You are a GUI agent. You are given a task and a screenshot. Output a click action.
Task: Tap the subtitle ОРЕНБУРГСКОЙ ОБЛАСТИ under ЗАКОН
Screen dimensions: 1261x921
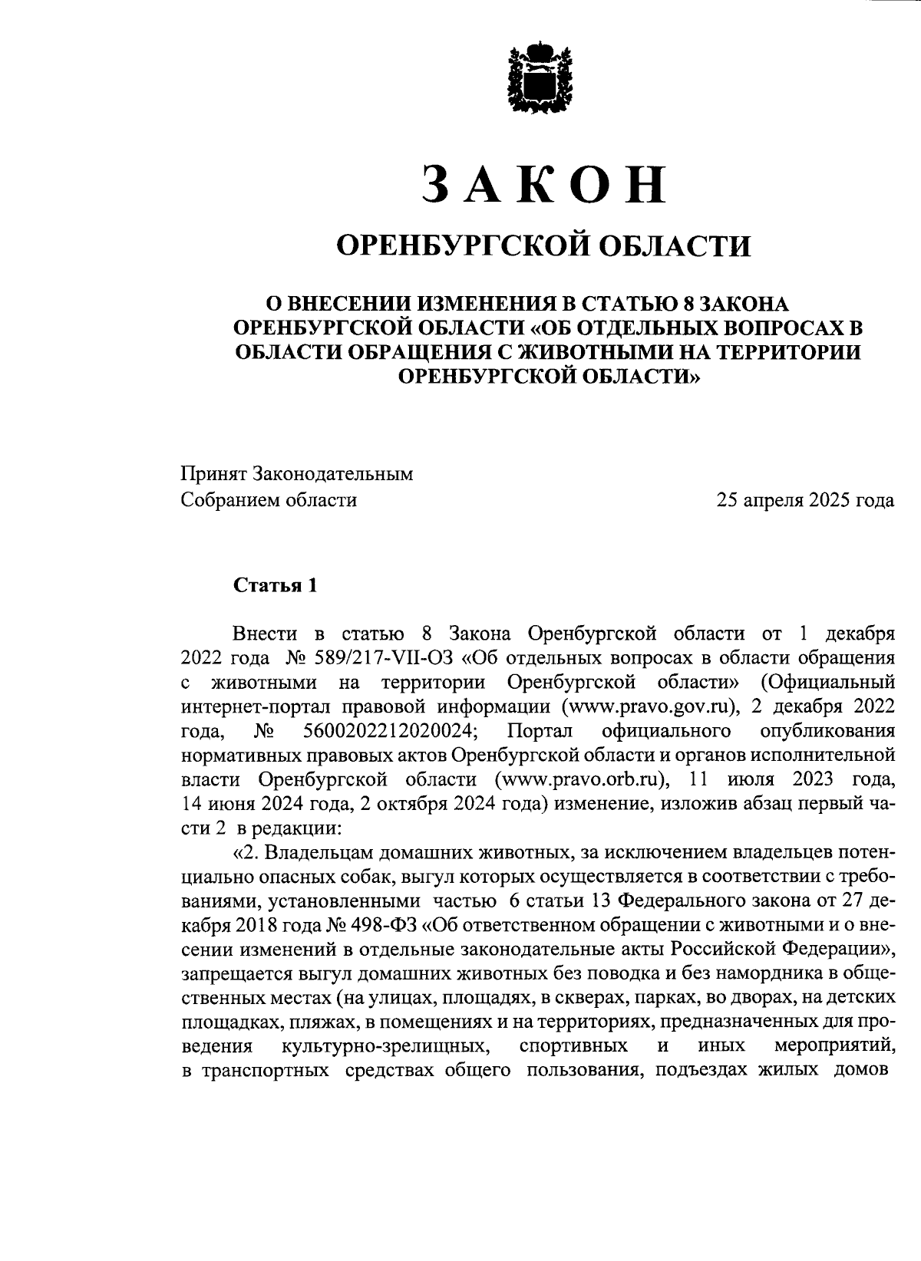coord(544,246)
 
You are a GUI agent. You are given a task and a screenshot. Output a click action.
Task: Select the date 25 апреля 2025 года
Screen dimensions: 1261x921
coord(805,501)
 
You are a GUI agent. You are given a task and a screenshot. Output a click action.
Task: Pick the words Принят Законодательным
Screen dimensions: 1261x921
coord(297,474)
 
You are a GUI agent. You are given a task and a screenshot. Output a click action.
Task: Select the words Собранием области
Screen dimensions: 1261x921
coord(269,501)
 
